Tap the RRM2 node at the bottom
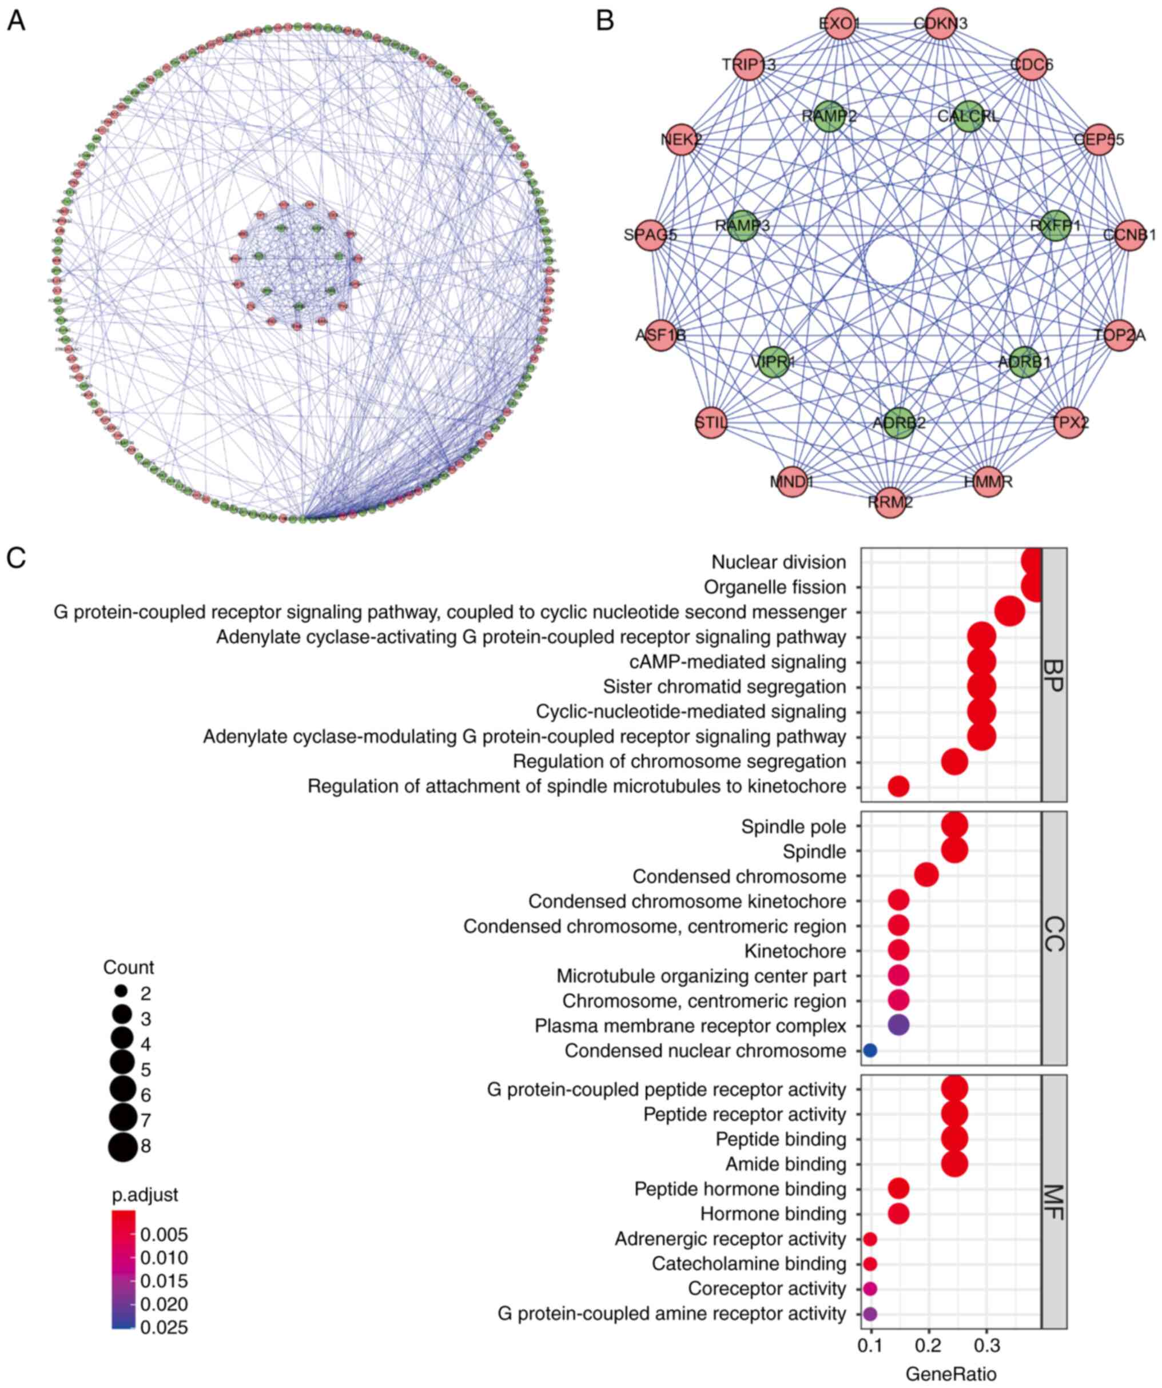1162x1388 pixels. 890,502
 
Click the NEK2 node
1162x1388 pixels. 681,139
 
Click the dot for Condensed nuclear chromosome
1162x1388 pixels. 870,1050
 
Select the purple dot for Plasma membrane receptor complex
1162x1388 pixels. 898,1025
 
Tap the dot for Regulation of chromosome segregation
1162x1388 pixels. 954,761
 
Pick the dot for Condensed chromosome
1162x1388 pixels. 926,876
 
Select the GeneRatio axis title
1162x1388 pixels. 950,1374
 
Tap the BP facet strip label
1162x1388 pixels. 1053,674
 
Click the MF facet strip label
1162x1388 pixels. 1053,1201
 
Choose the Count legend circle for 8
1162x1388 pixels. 122,1146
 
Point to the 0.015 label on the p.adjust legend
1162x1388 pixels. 164,1281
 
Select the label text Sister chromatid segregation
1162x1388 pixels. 723,687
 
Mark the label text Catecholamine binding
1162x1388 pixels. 749,1264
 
